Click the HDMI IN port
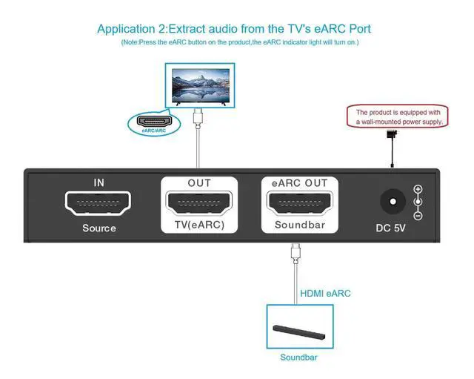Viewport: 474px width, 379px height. [x=99, y=202]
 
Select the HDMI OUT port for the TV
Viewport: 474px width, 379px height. [x=199, y=202]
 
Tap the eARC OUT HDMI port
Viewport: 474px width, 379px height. [x=300, y=202]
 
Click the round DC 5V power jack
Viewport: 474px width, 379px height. [x=392, y=202]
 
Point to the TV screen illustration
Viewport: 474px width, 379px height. [x=198, y=85]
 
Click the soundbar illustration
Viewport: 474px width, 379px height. [x=298, y=329]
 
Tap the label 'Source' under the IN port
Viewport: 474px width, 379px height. [x=99, y=228]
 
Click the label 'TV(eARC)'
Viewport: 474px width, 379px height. [x=199, y=225]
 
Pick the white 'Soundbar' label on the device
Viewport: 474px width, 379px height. [x=300, y=225]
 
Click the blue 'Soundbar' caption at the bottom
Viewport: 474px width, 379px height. [x=298, y=357]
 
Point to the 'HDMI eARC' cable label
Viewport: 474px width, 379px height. [x=325, y=294]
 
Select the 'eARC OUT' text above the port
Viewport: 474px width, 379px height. [x=300, y=183]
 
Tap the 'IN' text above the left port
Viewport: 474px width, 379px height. [x=99, y=182]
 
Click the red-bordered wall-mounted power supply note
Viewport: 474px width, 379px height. [x=398, y=116]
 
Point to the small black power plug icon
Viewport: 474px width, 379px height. [x=391, y=134]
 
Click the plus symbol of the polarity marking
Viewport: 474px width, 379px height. [x=418, y=189]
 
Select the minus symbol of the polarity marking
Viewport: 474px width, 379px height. [x=418, y=216]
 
